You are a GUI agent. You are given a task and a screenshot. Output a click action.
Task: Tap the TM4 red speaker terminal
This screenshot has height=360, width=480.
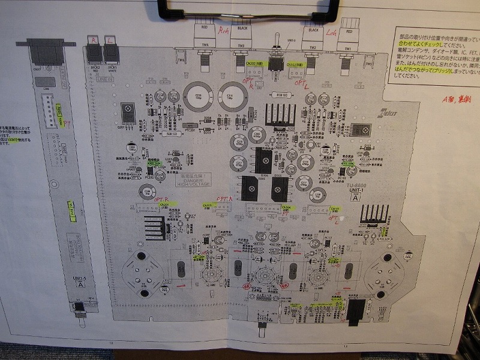tap(205, 38)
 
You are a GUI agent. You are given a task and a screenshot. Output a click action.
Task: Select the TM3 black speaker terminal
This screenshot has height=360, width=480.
tap(243, 38)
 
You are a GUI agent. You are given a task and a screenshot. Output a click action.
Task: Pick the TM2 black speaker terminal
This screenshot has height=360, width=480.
tap(313, 38)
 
